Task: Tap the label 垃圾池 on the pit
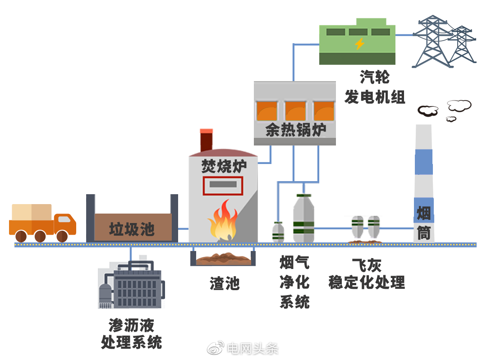[x=132, y=229]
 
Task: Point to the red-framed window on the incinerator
[x=223, y=186]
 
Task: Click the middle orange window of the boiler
[x=295, y=111]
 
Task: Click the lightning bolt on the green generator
[x=359, y=44]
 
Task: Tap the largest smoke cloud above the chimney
[x=459, y=105]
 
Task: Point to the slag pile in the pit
[x=223, y=259]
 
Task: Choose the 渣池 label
[x=224, y=283]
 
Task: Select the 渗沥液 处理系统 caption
[x=131, y=334]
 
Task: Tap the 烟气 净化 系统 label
[x=294, y=282]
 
